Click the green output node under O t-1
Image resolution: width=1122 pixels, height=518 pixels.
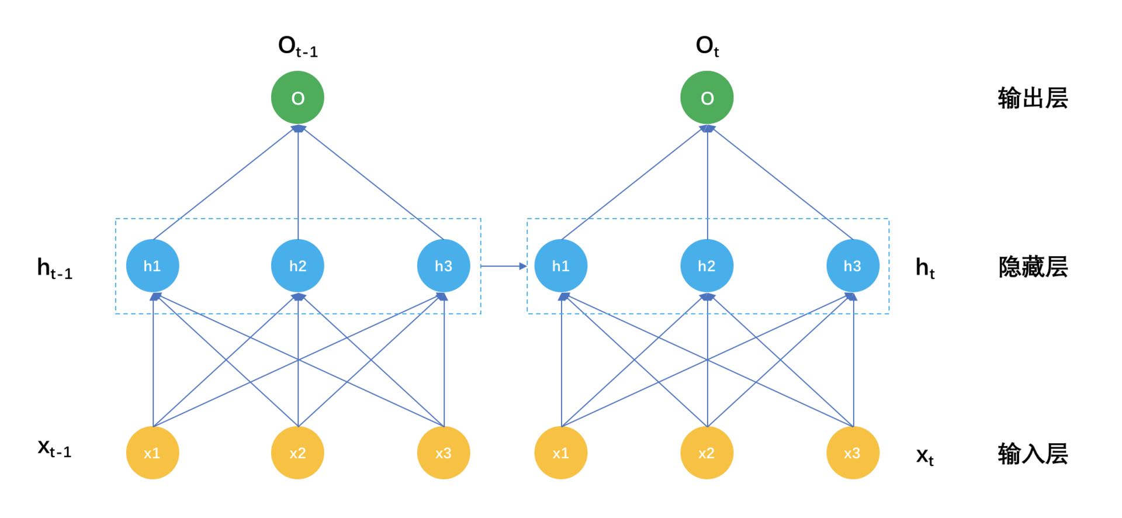pos(297,98)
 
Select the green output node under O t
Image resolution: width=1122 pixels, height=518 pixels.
pos(707,98)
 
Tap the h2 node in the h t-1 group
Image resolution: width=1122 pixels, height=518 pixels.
pos(297,266)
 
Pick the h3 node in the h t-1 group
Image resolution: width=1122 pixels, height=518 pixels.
pos(444,266)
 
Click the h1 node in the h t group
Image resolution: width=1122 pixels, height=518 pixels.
pos(561,266)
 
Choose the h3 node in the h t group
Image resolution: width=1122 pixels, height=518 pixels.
pos(853,266)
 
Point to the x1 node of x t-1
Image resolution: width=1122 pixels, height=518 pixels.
pos(152,453)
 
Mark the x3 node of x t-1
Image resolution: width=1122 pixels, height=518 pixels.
pos(444,453)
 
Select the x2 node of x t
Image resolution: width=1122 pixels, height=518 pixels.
pos(707,453)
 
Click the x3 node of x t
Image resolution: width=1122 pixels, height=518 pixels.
pos(853,453)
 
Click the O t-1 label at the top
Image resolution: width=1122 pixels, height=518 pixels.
pos(297,47)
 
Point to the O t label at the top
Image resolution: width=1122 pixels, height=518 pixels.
pos(707,47)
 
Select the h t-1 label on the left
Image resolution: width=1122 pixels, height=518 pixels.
pos(54,269)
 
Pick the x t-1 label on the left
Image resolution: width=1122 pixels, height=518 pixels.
pos(54,448)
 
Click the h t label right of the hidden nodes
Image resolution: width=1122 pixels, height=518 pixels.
pos(925,268)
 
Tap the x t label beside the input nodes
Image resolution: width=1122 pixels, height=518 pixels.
pos(924,456)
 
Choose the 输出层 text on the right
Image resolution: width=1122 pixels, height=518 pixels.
pos(1033,98)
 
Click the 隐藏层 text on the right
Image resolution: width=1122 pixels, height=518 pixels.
pos(1033,267)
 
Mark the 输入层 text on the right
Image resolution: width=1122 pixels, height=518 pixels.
pos(1033,454)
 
